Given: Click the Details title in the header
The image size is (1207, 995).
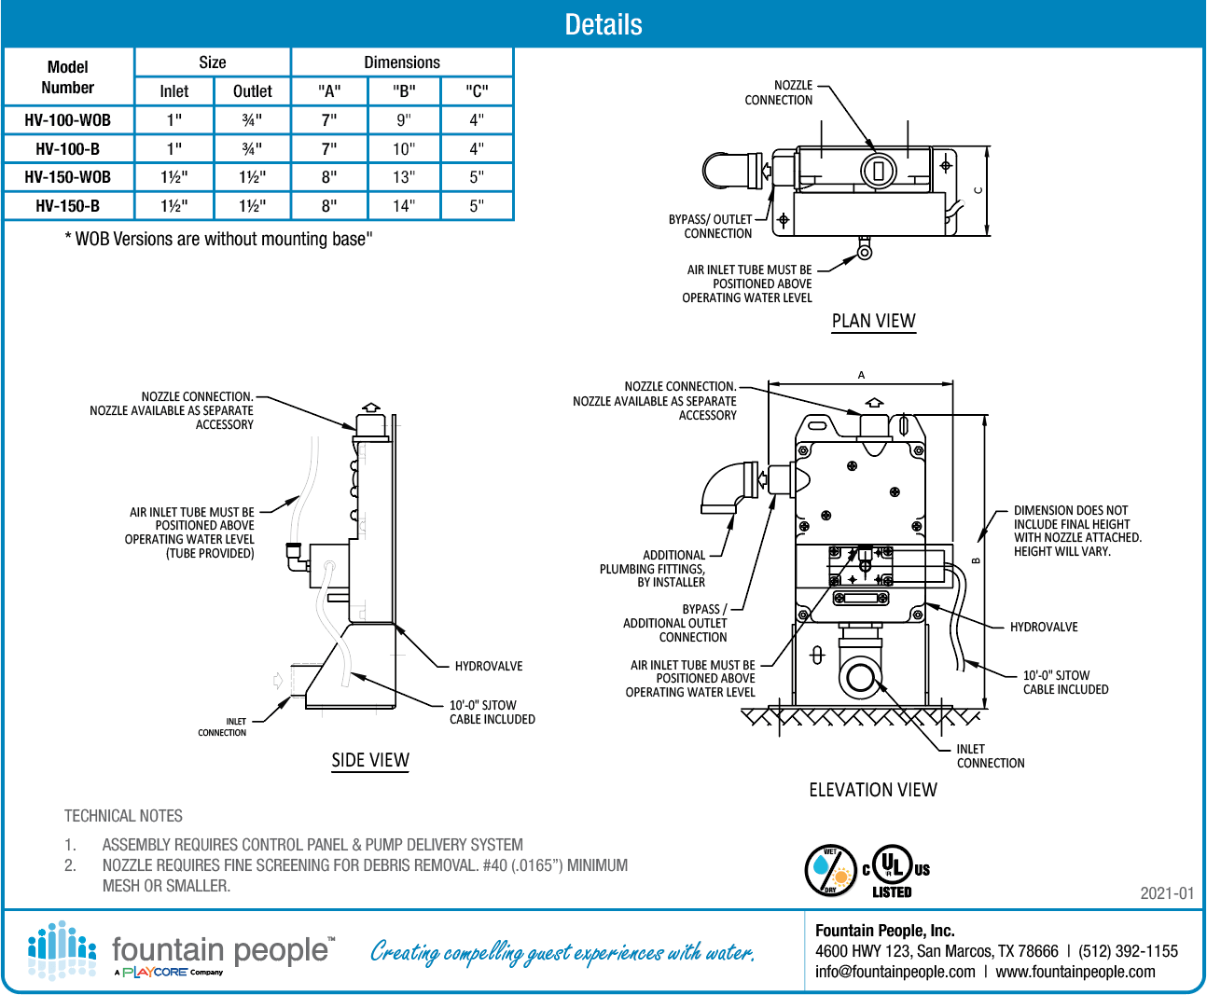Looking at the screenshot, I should click(x=603, y=24).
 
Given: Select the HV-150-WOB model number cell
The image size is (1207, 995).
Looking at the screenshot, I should click(x=68, y=177).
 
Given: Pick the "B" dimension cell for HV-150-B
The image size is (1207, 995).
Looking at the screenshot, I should click(x=403, y=206).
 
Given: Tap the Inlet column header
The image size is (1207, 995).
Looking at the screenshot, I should click(x=173, y=91).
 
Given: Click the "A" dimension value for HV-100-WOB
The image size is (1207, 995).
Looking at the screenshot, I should click(x=329, y=120).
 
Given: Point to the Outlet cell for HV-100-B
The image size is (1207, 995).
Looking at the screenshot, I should click(x=252, y=149).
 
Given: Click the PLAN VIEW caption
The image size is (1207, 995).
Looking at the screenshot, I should click(x=873, y=321).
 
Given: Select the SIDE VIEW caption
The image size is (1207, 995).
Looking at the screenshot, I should click(x=370, y=760).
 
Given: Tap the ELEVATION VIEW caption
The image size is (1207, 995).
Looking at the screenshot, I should click(x=872, y=790).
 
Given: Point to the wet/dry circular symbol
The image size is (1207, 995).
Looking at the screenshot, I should click(x=830, y=870).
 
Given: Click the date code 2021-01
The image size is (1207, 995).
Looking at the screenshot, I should click(x=1166, y=893).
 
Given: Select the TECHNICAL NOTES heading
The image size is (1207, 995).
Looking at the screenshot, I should click(x=123, y=816).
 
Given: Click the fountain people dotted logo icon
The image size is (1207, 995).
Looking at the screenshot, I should click(x=62, y=950).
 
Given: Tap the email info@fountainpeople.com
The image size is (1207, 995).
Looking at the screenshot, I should click(x=895, y=972).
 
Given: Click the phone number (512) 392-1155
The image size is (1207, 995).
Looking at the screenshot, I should click(x=1128, y=951).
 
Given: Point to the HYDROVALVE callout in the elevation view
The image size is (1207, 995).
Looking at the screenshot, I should click(x=1043, y=628).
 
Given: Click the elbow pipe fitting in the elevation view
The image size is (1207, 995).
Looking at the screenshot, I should click(x=730, y=486).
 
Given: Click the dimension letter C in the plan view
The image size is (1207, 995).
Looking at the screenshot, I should click(x=978, y=190).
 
